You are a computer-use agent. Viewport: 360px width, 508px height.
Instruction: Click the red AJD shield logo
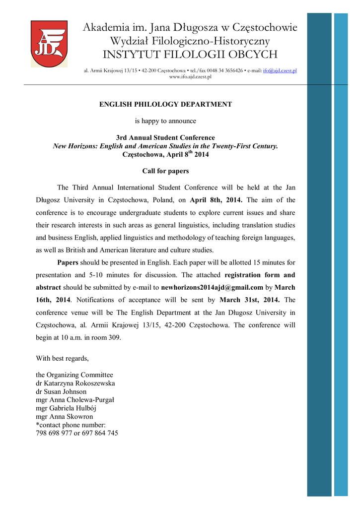pos(49,44)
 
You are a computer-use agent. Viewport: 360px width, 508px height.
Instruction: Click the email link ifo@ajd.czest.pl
pos(280,71)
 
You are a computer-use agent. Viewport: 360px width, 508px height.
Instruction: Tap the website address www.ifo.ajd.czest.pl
pos(190,77)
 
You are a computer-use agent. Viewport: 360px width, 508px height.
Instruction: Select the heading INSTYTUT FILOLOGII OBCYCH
pos(190,54)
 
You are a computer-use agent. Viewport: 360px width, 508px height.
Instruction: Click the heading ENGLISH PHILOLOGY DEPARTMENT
pos(166,104)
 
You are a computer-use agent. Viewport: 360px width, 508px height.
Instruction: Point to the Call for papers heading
pos(165,171)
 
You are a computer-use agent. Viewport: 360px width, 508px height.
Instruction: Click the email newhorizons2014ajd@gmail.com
pos(212,287)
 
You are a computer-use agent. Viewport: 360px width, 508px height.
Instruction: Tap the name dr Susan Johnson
pos(61,391)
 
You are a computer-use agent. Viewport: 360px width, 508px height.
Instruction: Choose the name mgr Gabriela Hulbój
pos(68,408)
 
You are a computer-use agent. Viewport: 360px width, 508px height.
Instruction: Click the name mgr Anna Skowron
pos(65,417)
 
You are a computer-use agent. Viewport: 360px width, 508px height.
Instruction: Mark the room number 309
pos(113,338)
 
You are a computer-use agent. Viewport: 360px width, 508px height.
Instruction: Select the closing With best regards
pos(63,358)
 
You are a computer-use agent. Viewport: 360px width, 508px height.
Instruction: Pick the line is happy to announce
pos(166,121)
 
